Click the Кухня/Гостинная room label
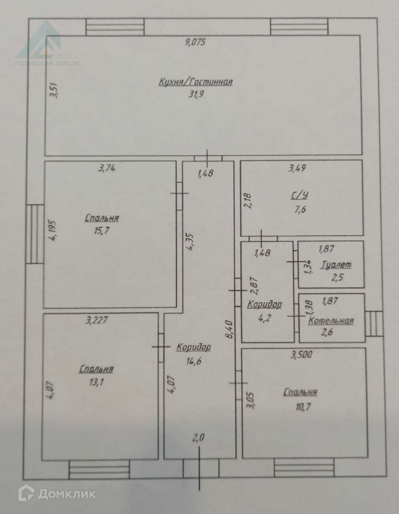[195, 82]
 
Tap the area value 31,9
[196, 94]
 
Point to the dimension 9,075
[196, 42]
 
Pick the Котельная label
[331, 321]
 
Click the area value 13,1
[96, 382]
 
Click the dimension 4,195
[53, 231]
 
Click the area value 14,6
[193, 361]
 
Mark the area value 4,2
[264, 316]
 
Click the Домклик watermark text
[66, 494]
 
